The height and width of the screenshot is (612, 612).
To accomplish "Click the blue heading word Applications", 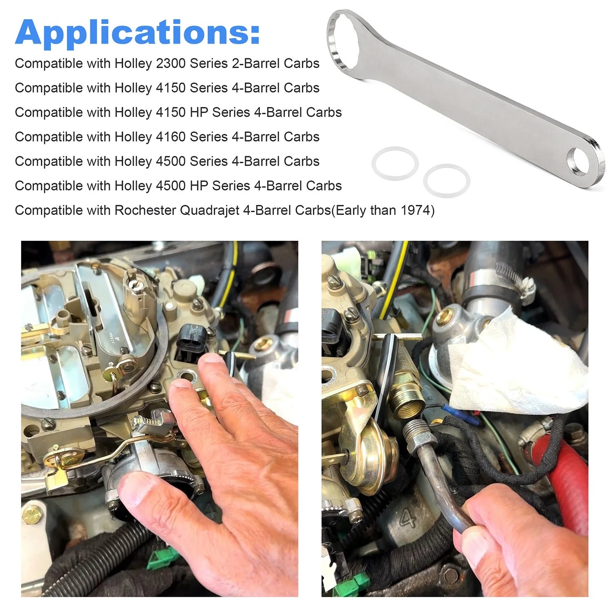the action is [137, 33].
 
